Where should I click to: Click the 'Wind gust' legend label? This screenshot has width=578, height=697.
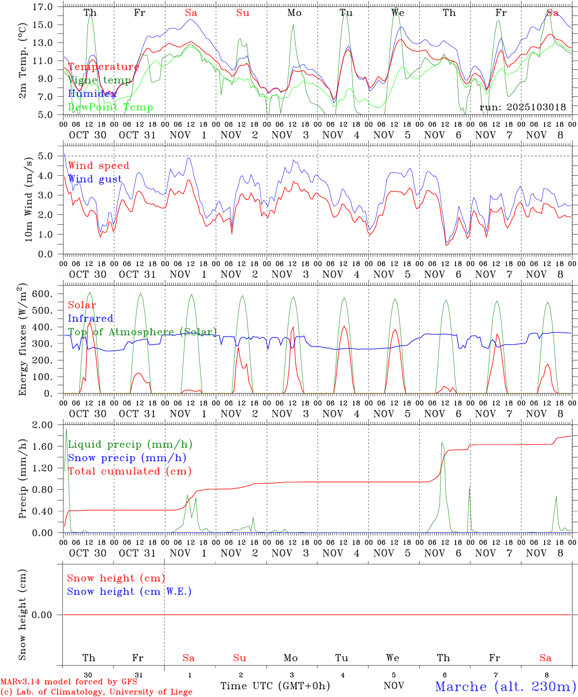click(95, 179)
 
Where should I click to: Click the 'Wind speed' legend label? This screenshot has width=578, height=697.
click(98, 166)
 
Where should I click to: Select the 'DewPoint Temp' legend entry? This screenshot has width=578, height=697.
click(110, 107)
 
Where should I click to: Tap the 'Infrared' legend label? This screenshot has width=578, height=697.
click(91, 318)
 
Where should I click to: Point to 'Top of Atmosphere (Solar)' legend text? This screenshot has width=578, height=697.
click(142, 332)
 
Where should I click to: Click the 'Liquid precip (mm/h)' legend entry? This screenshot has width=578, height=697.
click(130, 444)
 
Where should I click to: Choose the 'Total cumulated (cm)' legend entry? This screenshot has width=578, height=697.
click(129, 471)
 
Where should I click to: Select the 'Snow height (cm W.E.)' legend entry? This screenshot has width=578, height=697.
click(129, 591)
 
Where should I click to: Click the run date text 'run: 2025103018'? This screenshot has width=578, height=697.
click(522, 107)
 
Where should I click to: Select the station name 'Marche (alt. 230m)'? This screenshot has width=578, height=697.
click(505, 686)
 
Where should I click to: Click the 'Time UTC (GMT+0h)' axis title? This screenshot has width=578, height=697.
click(275, 686)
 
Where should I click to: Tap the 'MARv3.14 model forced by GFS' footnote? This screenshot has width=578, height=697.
click(69, 682)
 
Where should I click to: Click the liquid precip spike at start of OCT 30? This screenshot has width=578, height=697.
click(66, 431)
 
